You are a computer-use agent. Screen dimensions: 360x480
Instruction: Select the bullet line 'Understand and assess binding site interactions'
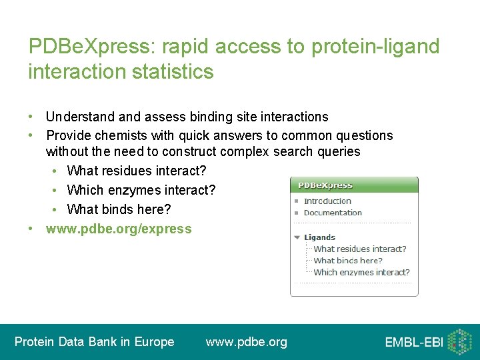click(x=187, y=117)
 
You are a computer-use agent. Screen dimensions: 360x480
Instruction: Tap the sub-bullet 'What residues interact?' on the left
click(x=137, y=171)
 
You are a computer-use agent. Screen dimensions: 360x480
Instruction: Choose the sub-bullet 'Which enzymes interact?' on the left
click(x=141, y=190)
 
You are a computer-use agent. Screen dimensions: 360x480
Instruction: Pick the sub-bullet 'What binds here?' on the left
click(x=119, y=209)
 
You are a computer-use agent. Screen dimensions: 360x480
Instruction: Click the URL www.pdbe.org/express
click(x=118, y=229)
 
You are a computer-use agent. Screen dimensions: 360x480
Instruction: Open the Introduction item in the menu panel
click(x=327, y=201)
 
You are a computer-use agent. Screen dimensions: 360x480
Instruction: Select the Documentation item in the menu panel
click(x=332, y=213)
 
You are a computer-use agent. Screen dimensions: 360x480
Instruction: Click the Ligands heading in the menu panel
click(x=319, y=237)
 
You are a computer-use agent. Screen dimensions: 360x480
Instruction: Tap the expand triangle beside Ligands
click(x=297, y=237)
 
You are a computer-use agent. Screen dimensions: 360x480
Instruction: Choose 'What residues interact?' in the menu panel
click(x=359, y=249)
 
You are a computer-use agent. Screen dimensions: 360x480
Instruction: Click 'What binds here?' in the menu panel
click(x=347, y=261)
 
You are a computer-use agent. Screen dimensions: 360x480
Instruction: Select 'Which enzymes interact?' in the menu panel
click(x=361, y=272)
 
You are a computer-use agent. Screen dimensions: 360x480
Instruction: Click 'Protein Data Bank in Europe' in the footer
click(x=94, y=342)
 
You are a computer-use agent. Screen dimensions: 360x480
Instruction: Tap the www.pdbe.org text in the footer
click(x=246, y=342)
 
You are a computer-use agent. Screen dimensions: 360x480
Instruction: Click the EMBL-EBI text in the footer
click(x=413, y=343)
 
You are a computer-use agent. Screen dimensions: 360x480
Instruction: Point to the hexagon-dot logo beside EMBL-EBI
click(x=459, y=341)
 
